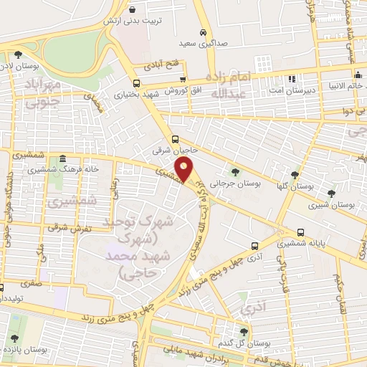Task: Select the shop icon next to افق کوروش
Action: [x=183, y=80]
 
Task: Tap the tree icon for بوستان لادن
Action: [x=17, y=54]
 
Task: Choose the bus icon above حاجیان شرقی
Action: [x=175, y=140]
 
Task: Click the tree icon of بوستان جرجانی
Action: [x=235, y=171]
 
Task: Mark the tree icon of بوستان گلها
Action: [x=295, y=174]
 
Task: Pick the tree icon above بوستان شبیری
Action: [x=330, y=193]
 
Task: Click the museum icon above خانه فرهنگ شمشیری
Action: [x=62, y=158]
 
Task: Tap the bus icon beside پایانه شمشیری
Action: [x=300, y=232]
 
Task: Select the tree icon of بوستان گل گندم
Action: [x=244, y=331]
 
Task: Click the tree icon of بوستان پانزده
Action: [x=14, y=338]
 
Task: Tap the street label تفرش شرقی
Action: [x=67, y=227]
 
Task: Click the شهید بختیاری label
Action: [x=128, y=94]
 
